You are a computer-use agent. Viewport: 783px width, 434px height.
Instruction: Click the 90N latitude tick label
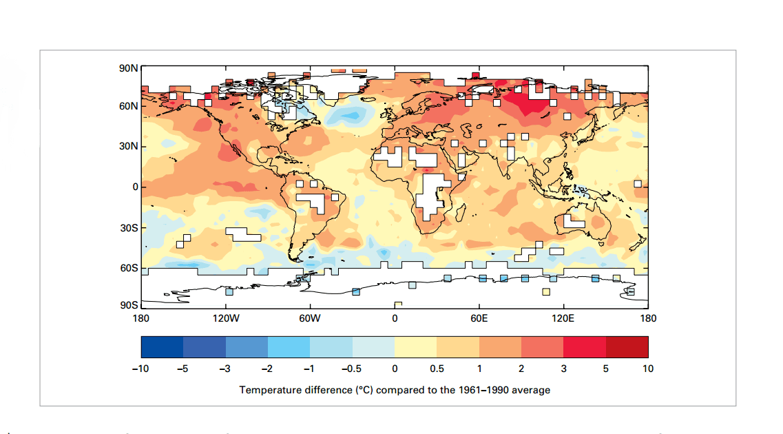[x=129, y=68]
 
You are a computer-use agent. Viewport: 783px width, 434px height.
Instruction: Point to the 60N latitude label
[x=129, y=106]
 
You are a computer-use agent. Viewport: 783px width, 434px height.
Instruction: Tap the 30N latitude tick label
[x=129, y=147]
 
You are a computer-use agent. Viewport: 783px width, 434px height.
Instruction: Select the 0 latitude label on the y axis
[x=134, y=187]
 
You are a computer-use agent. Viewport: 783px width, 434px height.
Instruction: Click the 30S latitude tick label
[x=129, y=227]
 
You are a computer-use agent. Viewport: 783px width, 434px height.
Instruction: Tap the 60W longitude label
[x=310, y=318]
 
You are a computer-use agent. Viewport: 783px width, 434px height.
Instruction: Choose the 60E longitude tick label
[x=479, y=318]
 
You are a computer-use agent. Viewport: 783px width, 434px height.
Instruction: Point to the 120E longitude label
[x=563, y=318]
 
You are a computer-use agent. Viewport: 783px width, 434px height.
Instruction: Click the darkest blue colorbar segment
[x=162, y=347]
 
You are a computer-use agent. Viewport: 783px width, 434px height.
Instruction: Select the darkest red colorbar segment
[x=627, y=347]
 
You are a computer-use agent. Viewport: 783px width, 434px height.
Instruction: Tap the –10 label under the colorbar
[x=140, y=369]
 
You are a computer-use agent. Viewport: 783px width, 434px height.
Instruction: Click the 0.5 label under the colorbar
[x=437, y=369]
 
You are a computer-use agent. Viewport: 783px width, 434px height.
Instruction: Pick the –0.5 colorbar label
[x=351, y=369]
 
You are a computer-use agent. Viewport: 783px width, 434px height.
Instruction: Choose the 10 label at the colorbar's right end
[x=648, y=369]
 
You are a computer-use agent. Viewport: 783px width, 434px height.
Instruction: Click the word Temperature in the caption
[x=268, y=390]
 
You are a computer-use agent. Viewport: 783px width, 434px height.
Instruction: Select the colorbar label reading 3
[x=563, y=369]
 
